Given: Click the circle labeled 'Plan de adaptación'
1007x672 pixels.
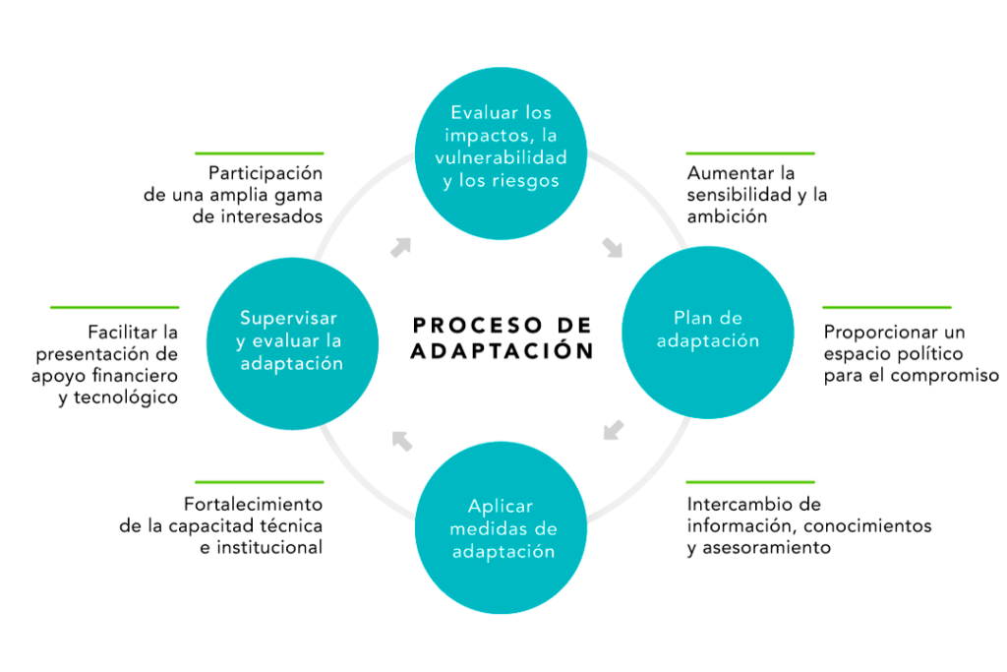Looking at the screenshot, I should click(x=709, y=330).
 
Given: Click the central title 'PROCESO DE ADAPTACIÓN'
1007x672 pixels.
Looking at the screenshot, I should click(x=503, y=337).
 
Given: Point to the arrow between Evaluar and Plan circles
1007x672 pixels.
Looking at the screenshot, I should click(x=612, y=246).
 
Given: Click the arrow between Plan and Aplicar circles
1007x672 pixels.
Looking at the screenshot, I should click(x=613, y=430).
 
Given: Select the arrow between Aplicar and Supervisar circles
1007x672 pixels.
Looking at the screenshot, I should click(x=401, y=440).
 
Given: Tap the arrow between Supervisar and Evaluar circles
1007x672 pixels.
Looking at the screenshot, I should click(x=400, y=247).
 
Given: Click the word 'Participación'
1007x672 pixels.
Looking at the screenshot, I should click(x=266, y=172).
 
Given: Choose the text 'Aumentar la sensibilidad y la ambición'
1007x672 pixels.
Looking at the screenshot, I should click(x=757, y=195).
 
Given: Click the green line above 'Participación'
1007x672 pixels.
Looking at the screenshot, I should click(x=259, y=153).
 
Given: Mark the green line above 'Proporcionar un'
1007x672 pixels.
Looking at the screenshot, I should click(x=887, y=308).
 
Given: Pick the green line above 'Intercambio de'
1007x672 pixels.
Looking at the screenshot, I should click(x=750, y=482).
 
